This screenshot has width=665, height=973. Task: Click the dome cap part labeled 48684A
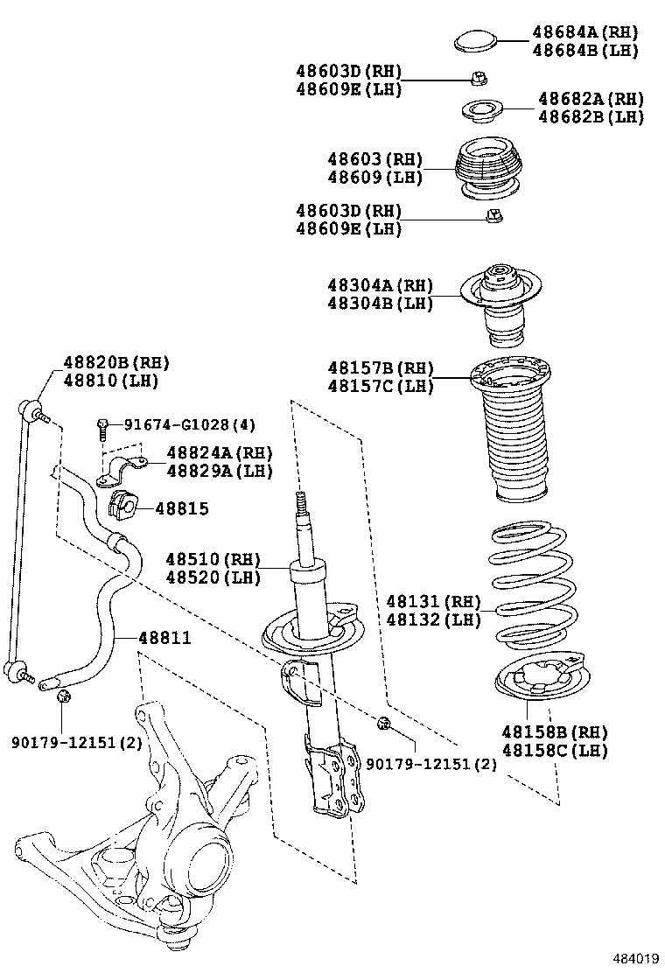coord(476,40)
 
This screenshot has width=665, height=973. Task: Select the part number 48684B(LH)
coord(584,50)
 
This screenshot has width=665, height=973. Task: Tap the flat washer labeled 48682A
coord(482,111)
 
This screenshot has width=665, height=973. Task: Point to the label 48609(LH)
coord(375,177)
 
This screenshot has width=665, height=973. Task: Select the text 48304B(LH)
coord(381,304)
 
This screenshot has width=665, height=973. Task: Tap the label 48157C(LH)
coord(381,386)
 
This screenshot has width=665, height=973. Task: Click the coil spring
coord(532,582)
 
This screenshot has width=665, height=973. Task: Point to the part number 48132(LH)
coord(434,619)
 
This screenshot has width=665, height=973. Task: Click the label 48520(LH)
coord(213,577)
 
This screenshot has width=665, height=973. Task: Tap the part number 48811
coord(164,638)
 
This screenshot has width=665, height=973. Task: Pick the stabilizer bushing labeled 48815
coord(122,507)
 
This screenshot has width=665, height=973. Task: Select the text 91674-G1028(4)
coord(189,425)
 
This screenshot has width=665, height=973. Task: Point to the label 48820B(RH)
coord(115,363)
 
